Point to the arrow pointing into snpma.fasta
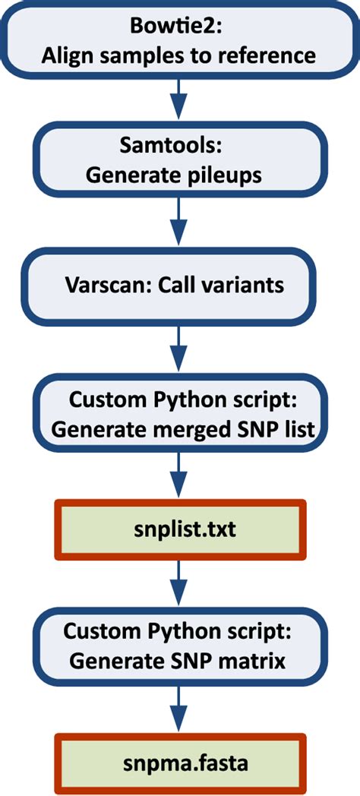pos(178,710)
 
